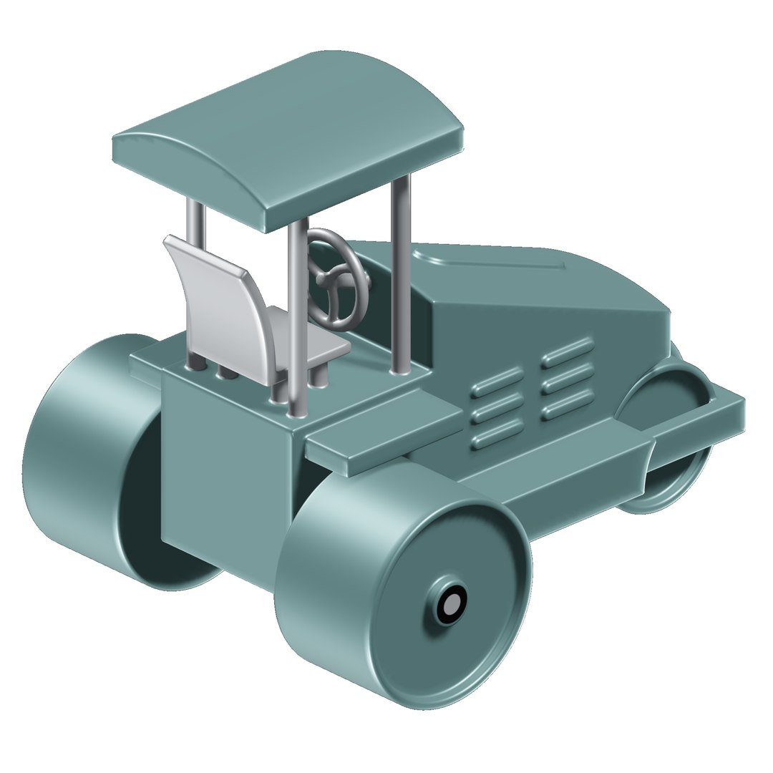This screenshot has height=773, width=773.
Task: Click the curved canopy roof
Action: (286, 136)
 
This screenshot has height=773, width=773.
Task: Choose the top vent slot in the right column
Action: (568, 350)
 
